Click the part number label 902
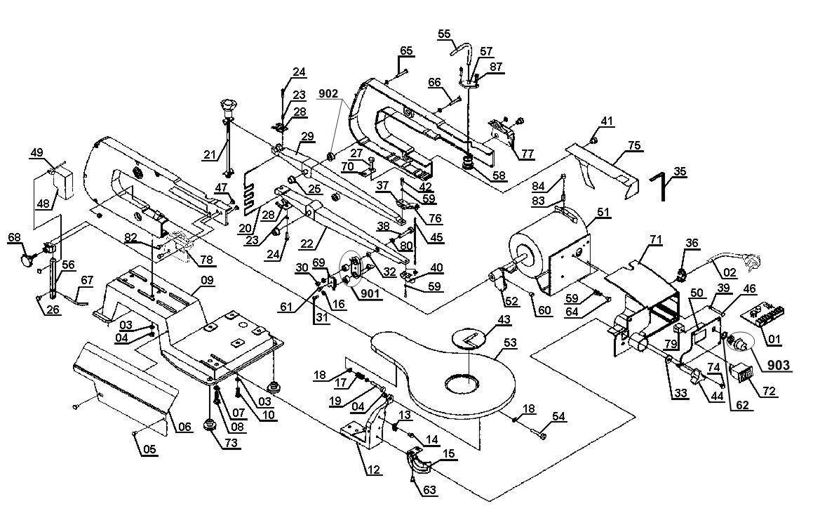tap(329, 93)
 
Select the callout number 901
tap(370, 294)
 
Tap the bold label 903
tap(779, 366)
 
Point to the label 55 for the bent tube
tap(444, 34)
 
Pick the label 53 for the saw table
tap(510, 343)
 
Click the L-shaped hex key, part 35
tap(661, 185)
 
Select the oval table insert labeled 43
tap(469, 338)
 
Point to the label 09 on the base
tap(207, 280)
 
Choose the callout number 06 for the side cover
tap(185, 427)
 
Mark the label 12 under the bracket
tap(374, 470)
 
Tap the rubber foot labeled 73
tap(210, 424)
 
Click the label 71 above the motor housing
tap(656, 239)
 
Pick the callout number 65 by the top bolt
tap(406, 51)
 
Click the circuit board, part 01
tap(765, 316)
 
